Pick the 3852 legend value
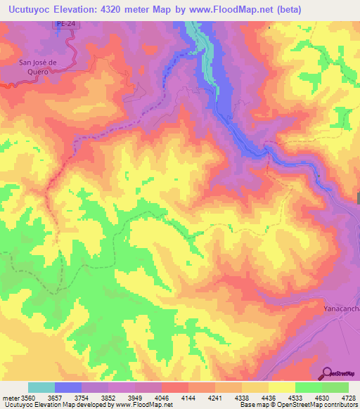pyautogui.click(x=107, y=398)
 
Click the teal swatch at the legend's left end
pyautogui.click(x=41, y=387)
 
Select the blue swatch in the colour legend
pyautogui.click(x=68, y=387)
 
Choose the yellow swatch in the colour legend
pyautogui.click(x=282, y=387)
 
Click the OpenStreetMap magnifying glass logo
pyautogui.click(x=328, y=373)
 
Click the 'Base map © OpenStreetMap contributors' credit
pyautogui.click(x=297, y=405)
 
